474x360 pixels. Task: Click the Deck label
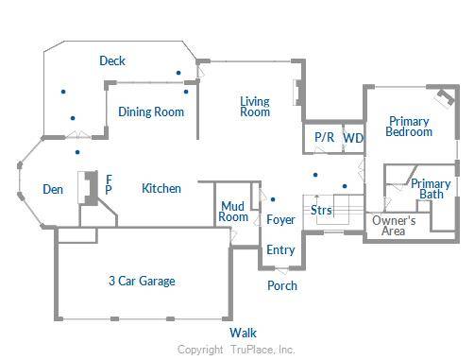tap(112, 61)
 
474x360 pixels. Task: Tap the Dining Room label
tap(151, 112)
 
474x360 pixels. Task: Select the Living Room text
tap(255, 107)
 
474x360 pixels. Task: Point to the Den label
tap(53, 190)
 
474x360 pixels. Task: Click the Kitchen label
tap(161, 189)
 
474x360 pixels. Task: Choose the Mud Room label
tap(234, 212)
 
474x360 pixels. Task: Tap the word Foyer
tap(280, 220)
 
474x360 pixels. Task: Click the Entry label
tap(280, 250)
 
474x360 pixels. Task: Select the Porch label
tap(282, 285)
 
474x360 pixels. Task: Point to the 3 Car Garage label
tap(141, 281)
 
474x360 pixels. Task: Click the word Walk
tap(243, 333)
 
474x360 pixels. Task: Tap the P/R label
tap(324, 138)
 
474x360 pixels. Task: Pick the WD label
tap(353, 138)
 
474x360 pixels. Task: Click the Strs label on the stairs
tap(321, 210)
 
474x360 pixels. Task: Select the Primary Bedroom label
tap(409, 127)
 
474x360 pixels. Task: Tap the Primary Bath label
tap(432, 189)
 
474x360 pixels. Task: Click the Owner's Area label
tap(395, 225)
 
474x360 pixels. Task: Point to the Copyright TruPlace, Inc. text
tap(237, 350)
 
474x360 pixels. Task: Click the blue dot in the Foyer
tap(273, 199)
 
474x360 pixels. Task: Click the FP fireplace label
tap(109, 183)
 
